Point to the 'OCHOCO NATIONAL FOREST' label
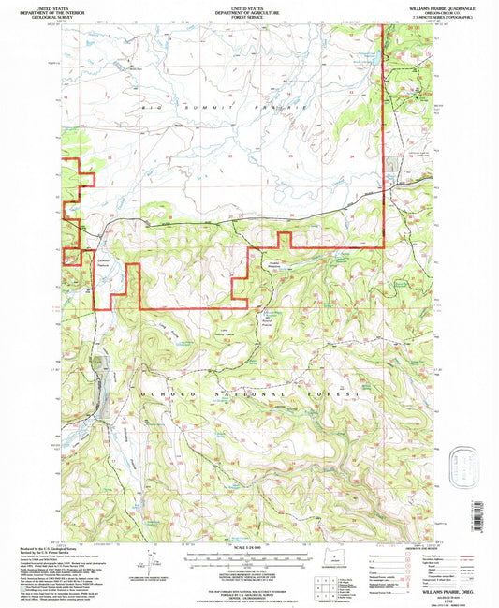point(249,395)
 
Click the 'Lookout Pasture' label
point(103,262)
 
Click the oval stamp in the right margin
point(463,466)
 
